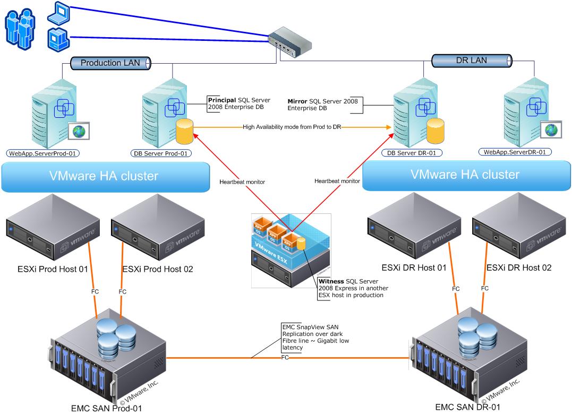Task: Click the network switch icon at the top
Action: (289, 42)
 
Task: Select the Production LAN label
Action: (110, 63)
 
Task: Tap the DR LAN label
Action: (472, 60)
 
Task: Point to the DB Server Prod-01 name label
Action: (161, 153)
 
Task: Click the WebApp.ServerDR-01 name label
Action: (516, 152)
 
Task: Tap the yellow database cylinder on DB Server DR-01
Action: (435, 131)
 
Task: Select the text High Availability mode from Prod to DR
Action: (292, 127)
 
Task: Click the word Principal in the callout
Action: (221, 100)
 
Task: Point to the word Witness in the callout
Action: (330, 281)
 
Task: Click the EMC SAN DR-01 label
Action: (467, 407)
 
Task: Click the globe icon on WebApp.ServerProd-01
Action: (80, 130)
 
